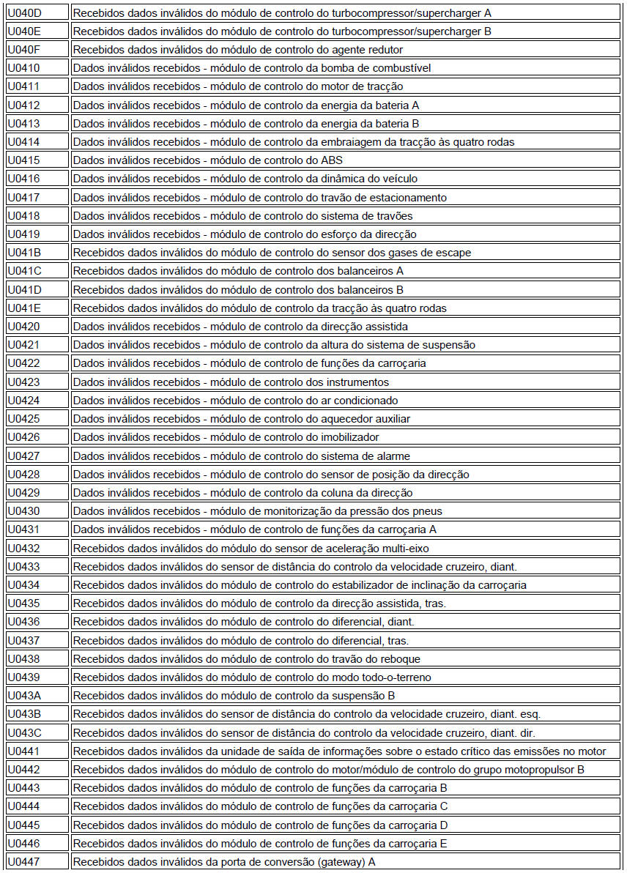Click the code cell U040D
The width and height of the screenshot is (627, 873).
[x=24, y=12]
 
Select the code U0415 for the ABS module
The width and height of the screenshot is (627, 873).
[x=23, y=160]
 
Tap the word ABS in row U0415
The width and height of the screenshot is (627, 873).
[x=332, y=160]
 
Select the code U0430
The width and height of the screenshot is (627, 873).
[x=23, y=511]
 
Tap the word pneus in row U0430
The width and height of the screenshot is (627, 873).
[x=428, y=511]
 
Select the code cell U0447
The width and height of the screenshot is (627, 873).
[x=23, y=862]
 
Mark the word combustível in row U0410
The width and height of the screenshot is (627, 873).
[x=399, y=68]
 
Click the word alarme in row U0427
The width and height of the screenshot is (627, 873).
[x=392, y=456]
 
